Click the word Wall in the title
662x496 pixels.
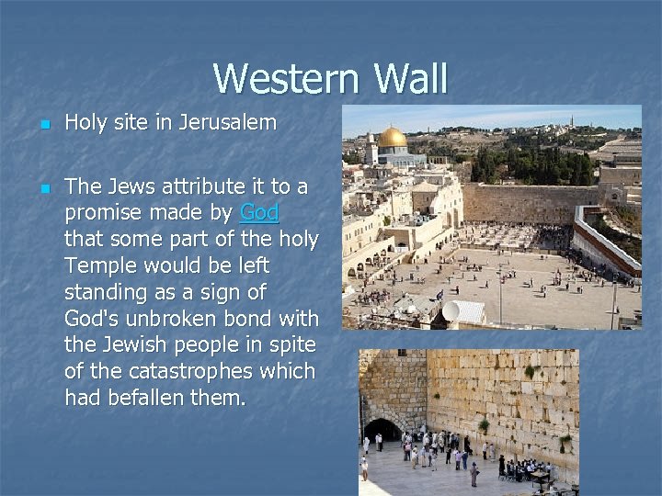point(410,79)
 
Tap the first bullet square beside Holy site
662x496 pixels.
point(42,123)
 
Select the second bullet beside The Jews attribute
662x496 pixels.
point(42,188)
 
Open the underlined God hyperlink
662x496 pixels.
point(258,213)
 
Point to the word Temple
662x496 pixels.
point(99,265)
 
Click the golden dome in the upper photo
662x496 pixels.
point(394,138)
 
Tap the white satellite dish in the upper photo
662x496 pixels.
point(451,311)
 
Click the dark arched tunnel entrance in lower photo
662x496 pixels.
point(381,430)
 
